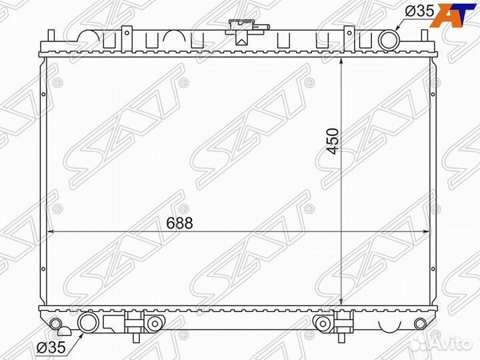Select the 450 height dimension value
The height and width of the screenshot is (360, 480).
[333, 141]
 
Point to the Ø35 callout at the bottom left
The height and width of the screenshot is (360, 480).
[51, 347]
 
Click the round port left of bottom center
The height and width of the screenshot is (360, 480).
[154, 324]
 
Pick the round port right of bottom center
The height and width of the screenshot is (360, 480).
[323, 324]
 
